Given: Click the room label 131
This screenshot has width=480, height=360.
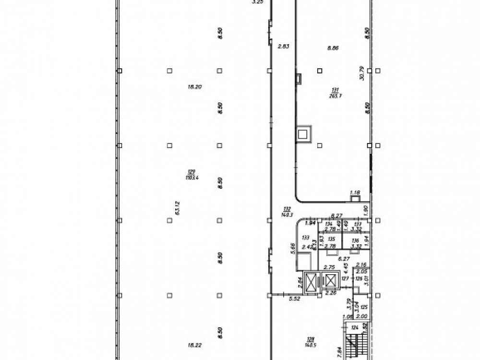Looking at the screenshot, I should (335, 90).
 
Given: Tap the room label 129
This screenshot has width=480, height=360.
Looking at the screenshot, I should (192, 171).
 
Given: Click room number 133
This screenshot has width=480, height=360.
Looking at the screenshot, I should (305, 238).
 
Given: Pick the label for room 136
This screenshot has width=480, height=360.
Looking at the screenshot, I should (355, 240).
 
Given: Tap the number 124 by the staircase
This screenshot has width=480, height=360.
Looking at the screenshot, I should (355, 328).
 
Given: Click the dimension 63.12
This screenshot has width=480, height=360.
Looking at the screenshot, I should (178, 208).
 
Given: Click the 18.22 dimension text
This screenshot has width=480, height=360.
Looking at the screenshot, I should (194, 345).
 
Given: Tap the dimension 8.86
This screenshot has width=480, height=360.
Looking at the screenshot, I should (333, 48).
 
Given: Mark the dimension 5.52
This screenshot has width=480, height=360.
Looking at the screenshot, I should (294, 299).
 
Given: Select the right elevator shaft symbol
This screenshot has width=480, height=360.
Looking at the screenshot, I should (331, 280).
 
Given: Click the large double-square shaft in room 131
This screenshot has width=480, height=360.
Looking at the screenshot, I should (303, 134).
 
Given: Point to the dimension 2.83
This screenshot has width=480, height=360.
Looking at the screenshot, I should (283, 46).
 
